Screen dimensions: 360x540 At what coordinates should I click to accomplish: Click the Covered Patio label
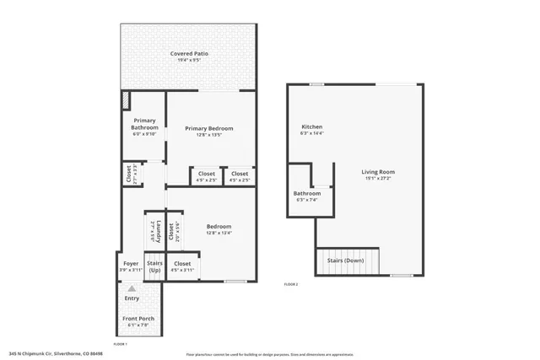pos(189,53)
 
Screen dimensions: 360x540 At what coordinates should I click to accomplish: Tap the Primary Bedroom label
pos(208,128)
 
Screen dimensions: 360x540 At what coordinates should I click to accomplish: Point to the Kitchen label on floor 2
pos(311,126)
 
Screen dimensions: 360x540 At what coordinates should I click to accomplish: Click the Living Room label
pos(379,172)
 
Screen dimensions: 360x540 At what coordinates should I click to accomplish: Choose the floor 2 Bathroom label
pos(306,193)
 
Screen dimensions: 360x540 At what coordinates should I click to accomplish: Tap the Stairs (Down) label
pos(345,261)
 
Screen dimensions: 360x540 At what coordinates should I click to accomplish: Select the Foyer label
pos(131,264)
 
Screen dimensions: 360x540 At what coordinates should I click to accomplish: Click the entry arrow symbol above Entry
pos(132,288)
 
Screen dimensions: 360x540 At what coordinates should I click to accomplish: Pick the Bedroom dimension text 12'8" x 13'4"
pos(219,233)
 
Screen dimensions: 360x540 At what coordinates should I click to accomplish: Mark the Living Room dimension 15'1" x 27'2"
pos(379,178)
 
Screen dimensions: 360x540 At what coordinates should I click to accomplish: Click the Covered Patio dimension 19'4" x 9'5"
pos(189,60)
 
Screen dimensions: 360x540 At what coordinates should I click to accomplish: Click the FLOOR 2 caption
pos(291,284)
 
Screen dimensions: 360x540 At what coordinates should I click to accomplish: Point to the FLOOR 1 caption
pos(120,344)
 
